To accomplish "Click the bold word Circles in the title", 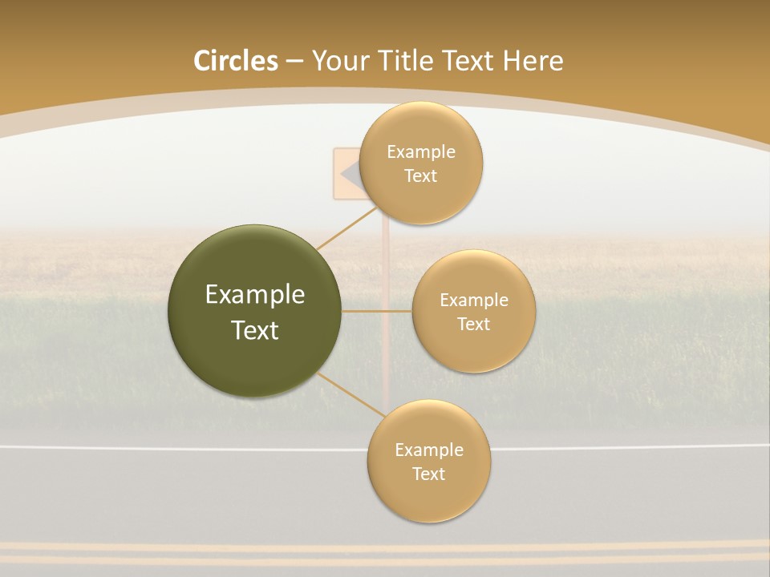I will point(235,61).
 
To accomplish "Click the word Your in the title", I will point(338,61).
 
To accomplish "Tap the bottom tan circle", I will point(429,502).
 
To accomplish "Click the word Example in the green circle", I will point(255,295).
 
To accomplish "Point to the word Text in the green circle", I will point(255,330).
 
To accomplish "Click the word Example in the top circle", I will point(421,152).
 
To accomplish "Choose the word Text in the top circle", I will point(421,176).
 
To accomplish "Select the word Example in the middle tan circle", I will point(474,301).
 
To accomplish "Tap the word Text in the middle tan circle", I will point(474,325).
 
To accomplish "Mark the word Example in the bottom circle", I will point(429,450).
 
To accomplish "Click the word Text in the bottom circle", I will point(429,474).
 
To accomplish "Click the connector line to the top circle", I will point(346,228).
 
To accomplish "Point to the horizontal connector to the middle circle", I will point(377,311).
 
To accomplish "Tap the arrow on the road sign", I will point(351,173).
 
